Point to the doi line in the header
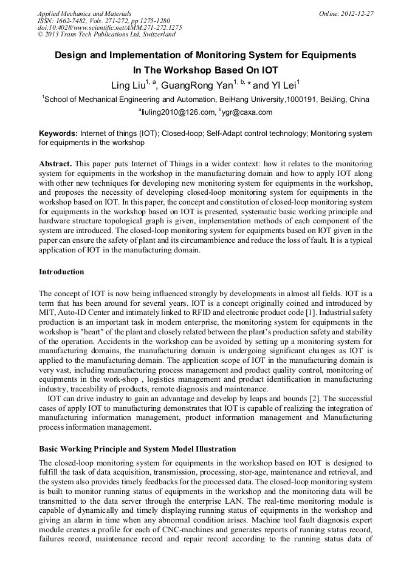coord(109,27)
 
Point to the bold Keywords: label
coord(58,133)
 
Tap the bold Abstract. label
coord(55,164)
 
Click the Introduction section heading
coord(61,271)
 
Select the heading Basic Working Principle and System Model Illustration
coord(137,449)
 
